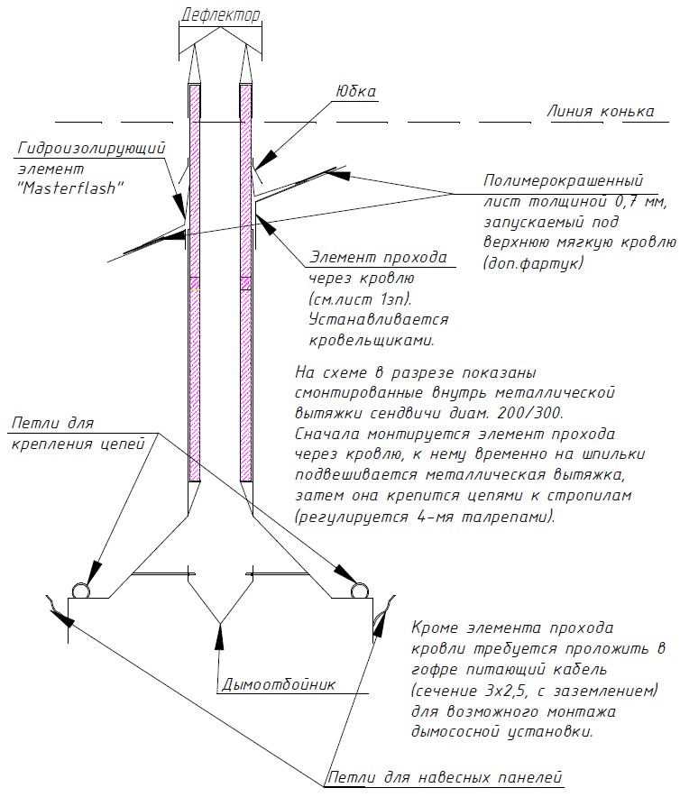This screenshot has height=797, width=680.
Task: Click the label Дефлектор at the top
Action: [x=221, y=15]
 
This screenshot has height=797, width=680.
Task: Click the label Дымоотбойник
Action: [x=278, y=684]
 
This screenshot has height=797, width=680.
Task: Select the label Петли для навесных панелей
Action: [x=445, y=776]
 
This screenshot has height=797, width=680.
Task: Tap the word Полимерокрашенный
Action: [x=564, y=179]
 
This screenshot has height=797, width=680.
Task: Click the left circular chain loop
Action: [x=81, y=591]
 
